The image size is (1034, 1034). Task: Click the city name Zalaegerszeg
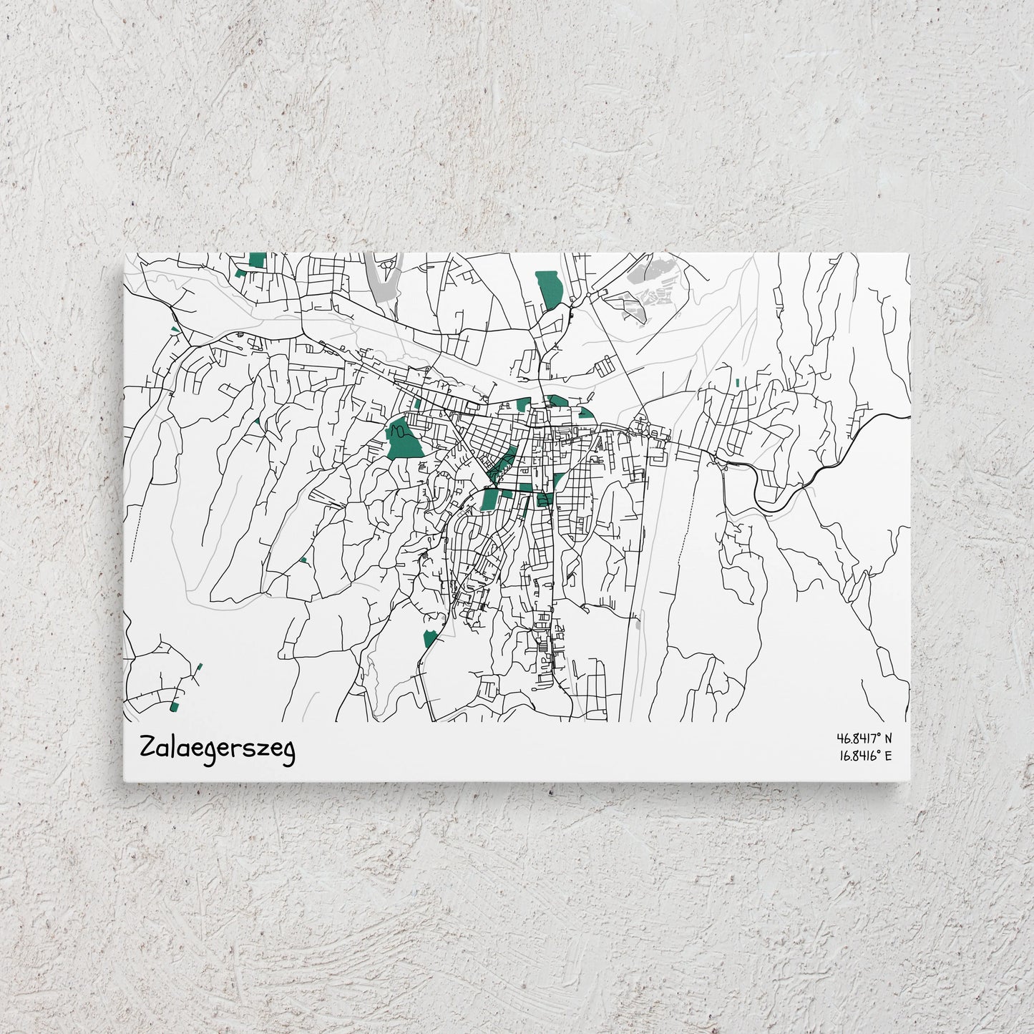(218, 749)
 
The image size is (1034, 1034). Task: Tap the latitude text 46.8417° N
(864, 738)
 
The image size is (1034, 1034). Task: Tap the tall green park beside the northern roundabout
(549, 288)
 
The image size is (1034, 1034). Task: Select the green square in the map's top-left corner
(257, 260)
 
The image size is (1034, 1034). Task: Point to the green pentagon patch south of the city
(430, 638)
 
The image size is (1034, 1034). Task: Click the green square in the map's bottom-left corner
(174, 707)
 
